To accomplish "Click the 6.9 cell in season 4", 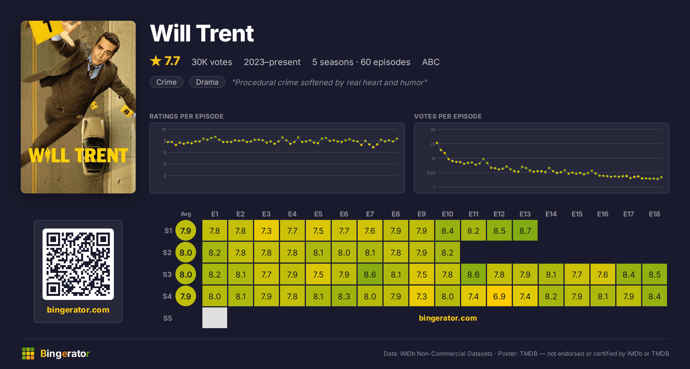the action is click(x=499, y=296).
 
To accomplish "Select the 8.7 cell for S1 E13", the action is click(x=525, y=230).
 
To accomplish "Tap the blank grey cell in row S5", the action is click(x=214, y=318).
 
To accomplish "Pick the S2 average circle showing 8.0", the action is click(x=186, y=252).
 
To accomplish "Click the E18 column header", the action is click(x=654, y=214).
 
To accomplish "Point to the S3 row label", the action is click(x=167, y=274).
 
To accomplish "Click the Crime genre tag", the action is click(x=166, y=82).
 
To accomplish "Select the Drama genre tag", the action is click(x=207, y=82).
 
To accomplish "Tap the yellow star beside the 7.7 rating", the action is click(x=156, y=61).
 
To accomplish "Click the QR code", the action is click(x=78, y=264).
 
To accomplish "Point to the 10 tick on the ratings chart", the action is click(x=164, y=130).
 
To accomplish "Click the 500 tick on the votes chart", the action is click(x=431, y=173).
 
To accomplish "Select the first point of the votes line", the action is click(x=437, y=143).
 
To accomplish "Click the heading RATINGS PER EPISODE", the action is click(x=186, y=116).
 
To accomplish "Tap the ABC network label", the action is click(x=431, y=62).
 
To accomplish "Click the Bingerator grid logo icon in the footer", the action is click(x=28, y=353).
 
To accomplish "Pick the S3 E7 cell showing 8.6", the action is click(x=370, y=274).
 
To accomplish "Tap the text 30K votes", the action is click(x=212, y=62).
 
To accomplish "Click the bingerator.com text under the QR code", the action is click(x=78, y=310).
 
